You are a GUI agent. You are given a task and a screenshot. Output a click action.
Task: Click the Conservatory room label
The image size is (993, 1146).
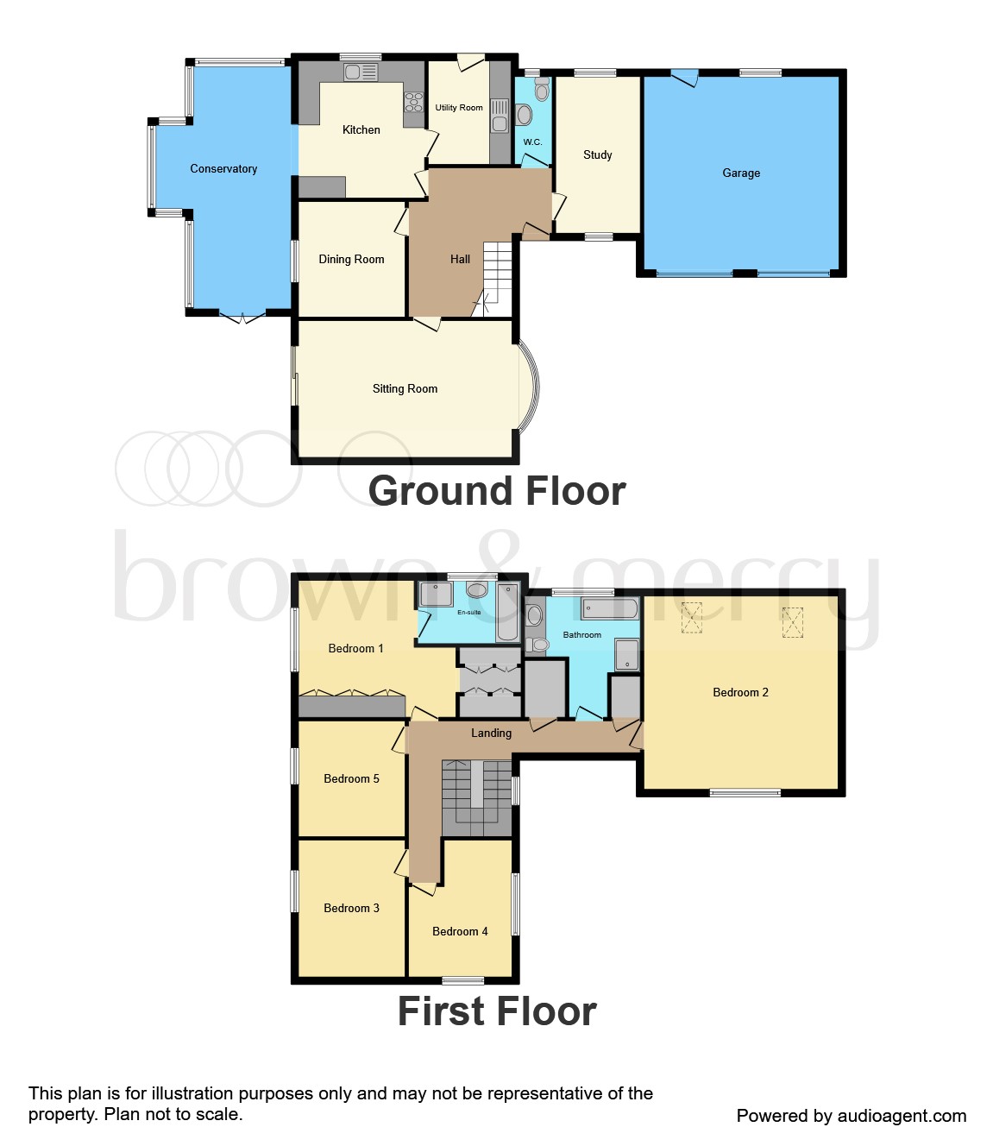tap(223, 169)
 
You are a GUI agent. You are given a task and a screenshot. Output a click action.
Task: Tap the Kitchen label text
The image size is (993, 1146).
tap(361, 130)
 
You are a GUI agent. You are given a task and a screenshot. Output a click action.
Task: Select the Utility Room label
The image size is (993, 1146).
tap(458, 108)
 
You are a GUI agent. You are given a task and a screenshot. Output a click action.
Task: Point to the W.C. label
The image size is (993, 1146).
tap(532, 142)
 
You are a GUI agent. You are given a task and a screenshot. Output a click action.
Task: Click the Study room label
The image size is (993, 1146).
tap(597, 155)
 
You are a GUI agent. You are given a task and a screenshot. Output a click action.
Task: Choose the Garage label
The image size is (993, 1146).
tap(741, 173)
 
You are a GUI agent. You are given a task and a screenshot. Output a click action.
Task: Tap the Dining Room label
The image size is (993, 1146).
tap(351, 260)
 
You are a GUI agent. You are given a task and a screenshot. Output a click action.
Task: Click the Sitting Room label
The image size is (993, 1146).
tap(405, 389)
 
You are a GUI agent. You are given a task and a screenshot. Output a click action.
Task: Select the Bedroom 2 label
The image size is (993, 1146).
tap(740, 693)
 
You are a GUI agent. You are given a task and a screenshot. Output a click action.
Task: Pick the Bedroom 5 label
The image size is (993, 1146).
tap(351, 779)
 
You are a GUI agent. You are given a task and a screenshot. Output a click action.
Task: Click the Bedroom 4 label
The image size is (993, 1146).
tap(460, 932)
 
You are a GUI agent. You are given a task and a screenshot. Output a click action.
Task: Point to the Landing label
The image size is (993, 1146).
tap(491, 734)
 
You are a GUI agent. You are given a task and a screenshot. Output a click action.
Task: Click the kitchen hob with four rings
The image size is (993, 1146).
tap(414, 102)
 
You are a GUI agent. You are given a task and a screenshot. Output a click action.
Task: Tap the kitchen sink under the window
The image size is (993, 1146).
tap(361, 72)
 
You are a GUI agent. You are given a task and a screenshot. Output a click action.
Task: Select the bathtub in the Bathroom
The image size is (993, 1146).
tap(610, 608)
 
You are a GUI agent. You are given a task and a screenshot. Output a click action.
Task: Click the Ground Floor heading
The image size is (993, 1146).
tap(497, 491)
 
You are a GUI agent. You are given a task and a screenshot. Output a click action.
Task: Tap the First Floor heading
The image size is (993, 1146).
tap(497, 1011)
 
